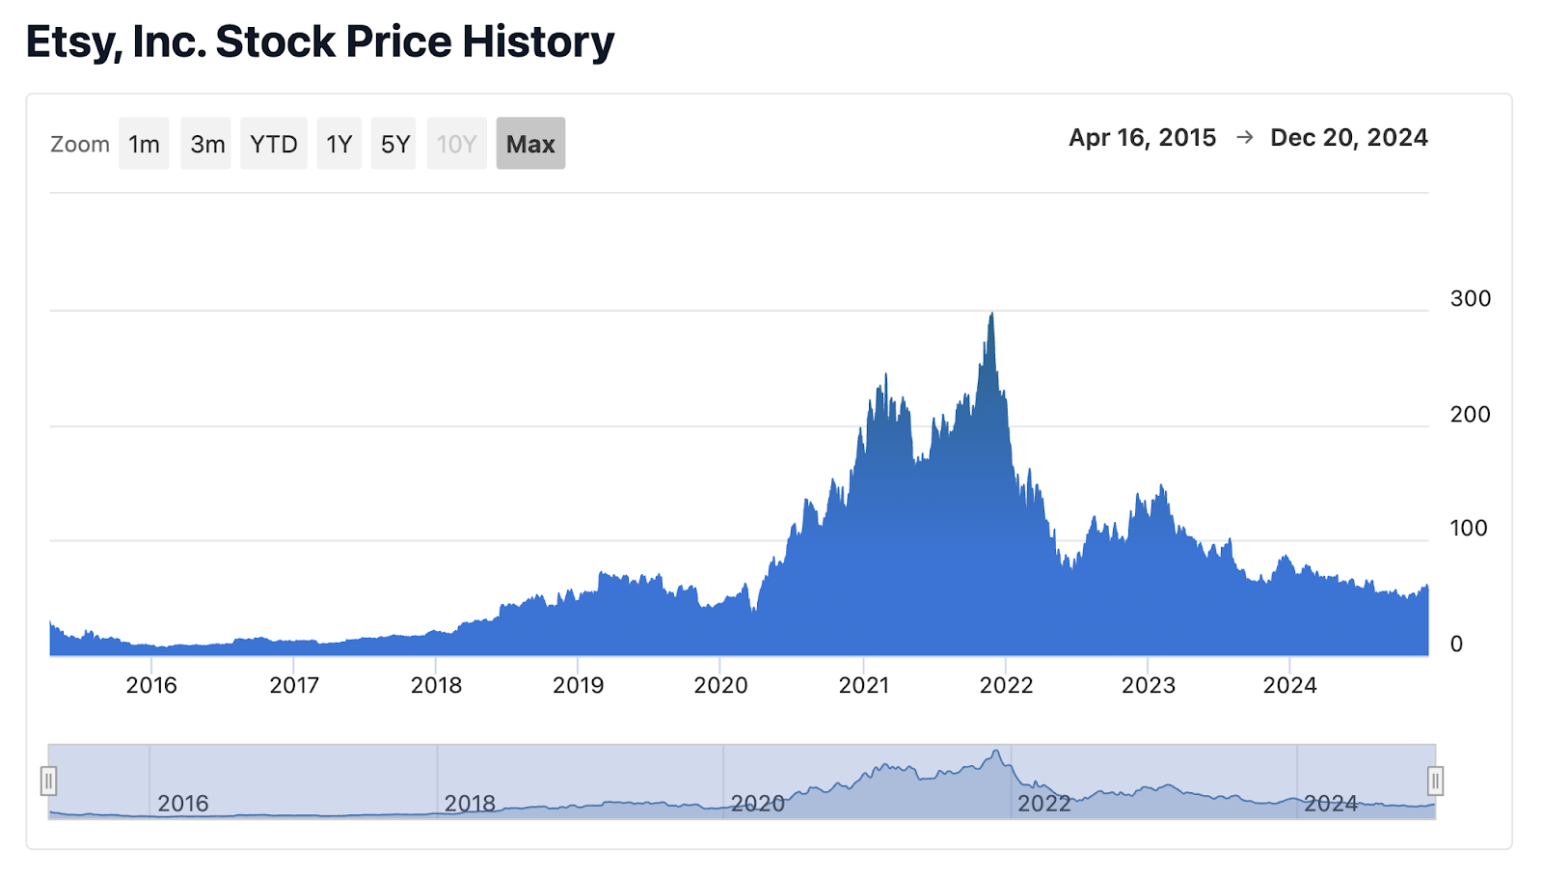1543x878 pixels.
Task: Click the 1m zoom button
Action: pyautogui.click(x=144, y=144)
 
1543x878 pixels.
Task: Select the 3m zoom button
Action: pyautogui.click(x=206, y=144)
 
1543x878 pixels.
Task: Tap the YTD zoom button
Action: pyautogui.click(x=274, y=144)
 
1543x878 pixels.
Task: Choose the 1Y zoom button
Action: pyautogui.click(x=338, y=144)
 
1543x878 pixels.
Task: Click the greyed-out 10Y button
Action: pyautogui.click(x=457, y=144)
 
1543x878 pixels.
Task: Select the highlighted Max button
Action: pyautogui.click(x=530, y=144)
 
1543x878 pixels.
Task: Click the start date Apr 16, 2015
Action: pyautogui.click(x=1142, y=138)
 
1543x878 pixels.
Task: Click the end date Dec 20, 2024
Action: pyautogui.click(x=1348, y=138)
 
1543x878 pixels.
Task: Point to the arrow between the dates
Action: pyautogui.click(x=1244, y=138)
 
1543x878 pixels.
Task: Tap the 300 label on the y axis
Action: pyautogui.click(x=1470, y=299)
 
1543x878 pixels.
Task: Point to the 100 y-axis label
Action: pyautogui.click(x=1468, y=529)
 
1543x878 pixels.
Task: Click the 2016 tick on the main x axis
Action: pyautogui.click(x=151, y=685)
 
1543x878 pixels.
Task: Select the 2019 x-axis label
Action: pyautogui.click(x=578, y=685)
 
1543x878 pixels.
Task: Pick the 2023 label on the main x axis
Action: pyautogui.click(x=1148, y=685)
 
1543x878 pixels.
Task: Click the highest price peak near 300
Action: pyautogui.click(x=991, y=316)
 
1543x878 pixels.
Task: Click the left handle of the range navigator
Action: pyautogui.click(x=48, y=781)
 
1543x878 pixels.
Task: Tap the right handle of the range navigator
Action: pyautogui.click(x=1435, y=781)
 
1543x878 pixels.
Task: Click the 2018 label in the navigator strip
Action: pyautogui.click(x=470, y=803)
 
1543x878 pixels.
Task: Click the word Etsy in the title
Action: pyautogui.click(x=72, y=42)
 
